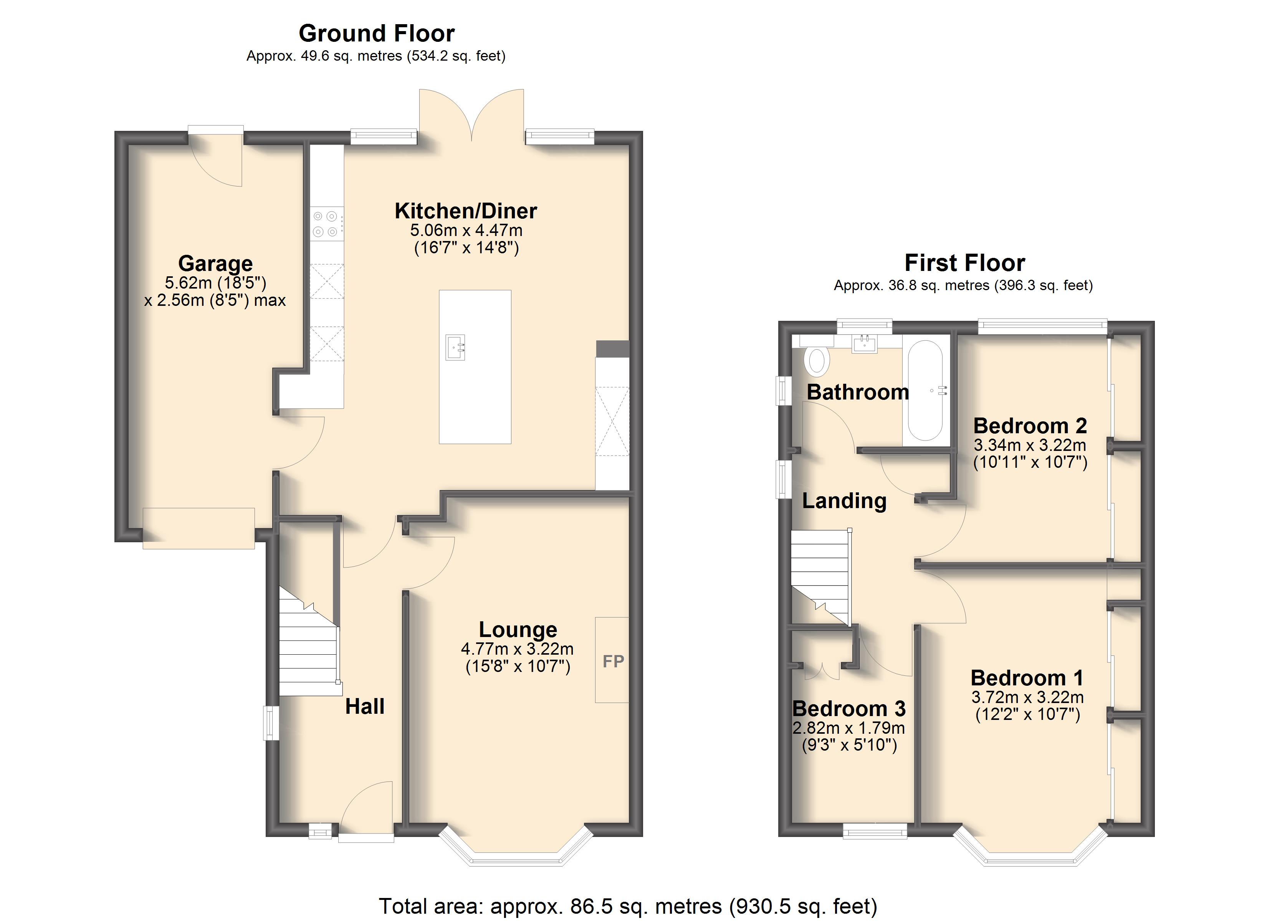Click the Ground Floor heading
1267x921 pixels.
tap(377, 33)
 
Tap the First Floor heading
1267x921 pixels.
tap(965, 262)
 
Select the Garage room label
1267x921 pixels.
tap(216, 263)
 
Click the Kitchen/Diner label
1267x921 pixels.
tap(466, 211)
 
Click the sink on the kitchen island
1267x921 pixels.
tap(455, 347)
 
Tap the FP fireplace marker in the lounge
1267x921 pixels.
tap(613, 661)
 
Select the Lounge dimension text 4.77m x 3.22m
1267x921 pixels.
tap(517, 649)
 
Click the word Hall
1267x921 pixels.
tap(365, 706)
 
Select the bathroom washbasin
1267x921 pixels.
tap(865, 343)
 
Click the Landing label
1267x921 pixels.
tap(844, 501)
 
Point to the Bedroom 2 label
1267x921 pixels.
tap(1030, 426)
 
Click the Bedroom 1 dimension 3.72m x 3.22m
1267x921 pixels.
tap(1027, 697)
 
